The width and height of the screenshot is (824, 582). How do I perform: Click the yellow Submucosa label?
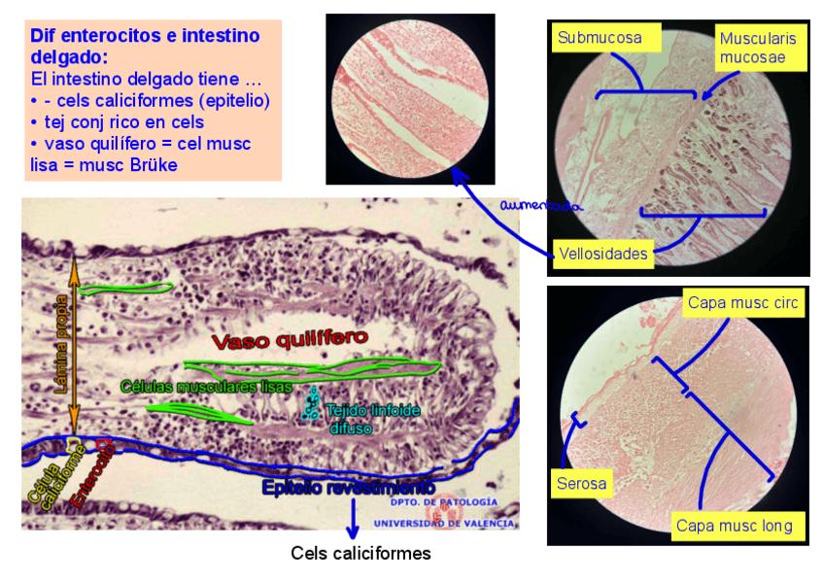[600, 38]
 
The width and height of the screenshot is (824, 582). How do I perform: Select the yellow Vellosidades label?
[602, 255]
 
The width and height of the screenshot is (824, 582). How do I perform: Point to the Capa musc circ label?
[742, 303]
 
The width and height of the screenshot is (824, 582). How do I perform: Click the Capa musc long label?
[734, 526]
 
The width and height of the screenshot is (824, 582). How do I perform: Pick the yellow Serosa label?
[581, 483]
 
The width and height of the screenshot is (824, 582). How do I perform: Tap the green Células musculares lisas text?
[206, 386]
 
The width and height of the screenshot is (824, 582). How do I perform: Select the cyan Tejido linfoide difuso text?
[373, 418]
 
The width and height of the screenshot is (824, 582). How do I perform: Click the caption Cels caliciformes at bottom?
[360, 553]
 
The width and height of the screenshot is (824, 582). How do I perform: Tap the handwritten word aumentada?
[540, 206]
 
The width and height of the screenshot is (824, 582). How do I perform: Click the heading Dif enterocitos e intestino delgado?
[145, 46]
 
